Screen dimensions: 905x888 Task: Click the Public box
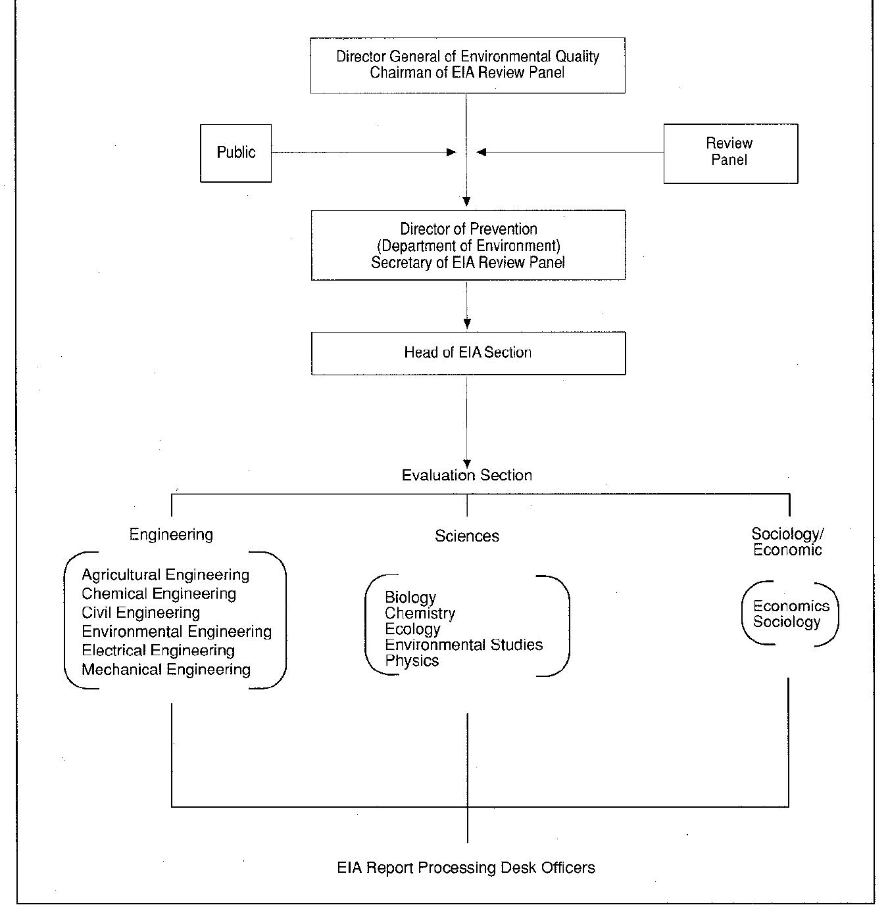[x=235, y=152]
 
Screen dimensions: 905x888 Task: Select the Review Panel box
[x=730, y=152]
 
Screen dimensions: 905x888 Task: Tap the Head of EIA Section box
[x=468, y=353]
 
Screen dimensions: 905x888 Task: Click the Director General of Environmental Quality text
[x=468, y=57]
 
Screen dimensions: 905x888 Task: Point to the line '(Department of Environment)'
[x=468, y=246]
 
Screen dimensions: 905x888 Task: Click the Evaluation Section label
[x=466, y=475]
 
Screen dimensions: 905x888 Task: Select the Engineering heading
[x=171, y=534]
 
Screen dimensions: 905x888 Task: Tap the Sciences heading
[x=466, y=536]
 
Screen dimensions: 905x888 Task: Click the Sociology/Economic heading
[x=787, y=542]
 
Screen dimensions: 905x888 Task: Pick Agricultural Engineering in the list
[x=165, y=575]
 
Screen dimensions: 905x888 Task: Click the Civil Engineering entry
[x=141, y=613]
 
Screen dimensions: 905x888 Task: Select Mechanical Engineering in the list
[x=166, y=670]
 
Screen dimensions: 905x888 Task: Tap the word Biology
[x=410, y=597]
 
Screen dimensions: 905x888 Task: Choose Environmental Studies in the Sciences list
[x=464, y=645]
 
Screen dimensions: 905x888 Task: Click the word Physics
[x=412, y=661]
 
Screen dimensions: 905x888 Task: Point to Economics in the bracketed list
[x=791, y=606]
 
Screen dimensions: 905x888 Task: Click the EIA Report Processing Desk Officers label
[x=466, y=868]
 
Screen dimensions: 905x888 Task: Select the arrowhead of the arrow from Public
[x=452, y=152]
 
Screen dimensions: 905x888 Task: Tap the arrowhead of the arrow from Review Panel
[x=481, y=152]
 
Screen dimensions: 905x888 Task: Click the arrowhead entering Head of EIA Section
[x=467, y=323]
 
